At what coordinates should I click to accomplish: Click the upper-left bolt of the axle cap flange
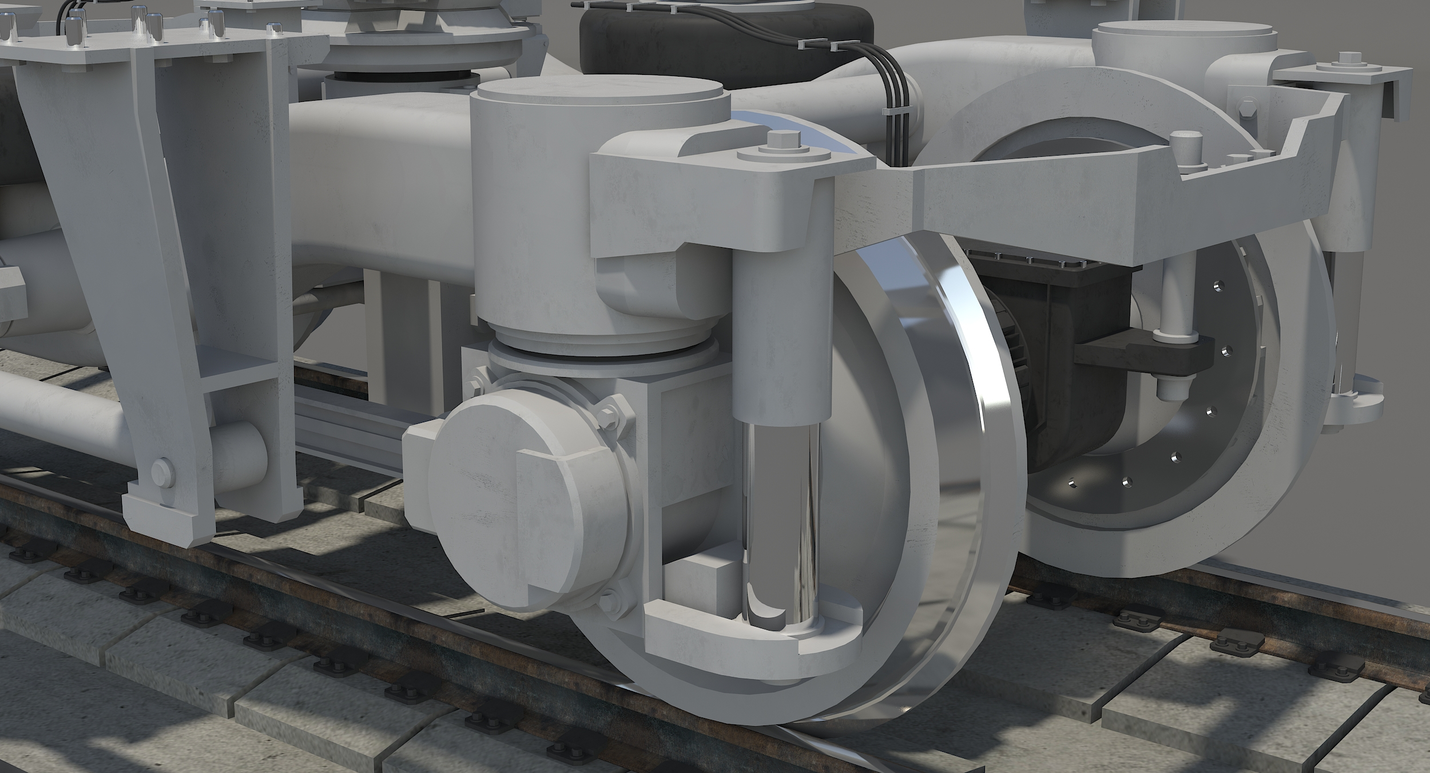pos(475,386)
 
